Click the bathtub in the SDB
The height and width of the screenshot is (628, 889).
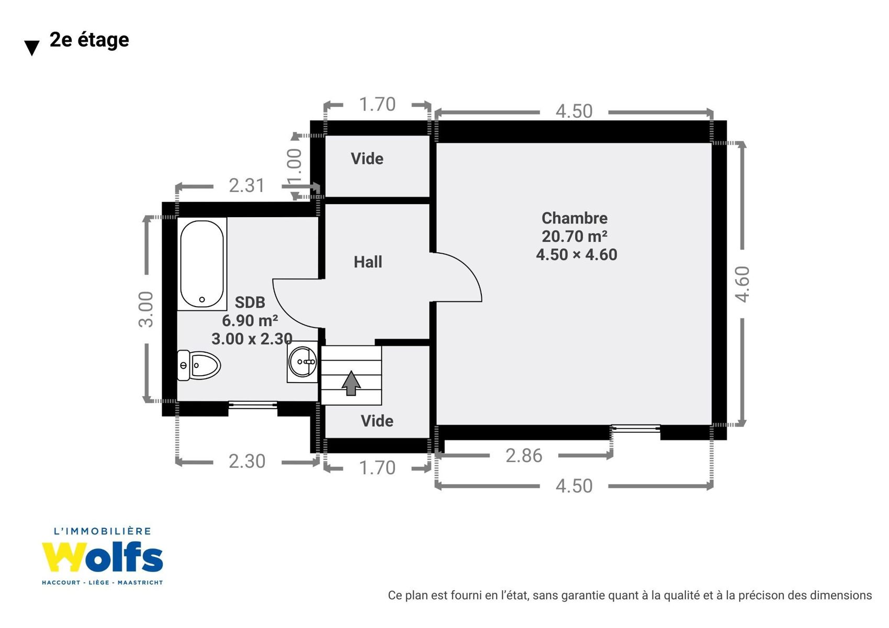[x=202, y=264]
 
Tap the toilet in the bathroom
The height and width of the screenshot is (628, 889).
[x=199, y=365]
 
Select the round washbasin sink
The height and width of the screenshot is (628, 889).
[x=303, y=362]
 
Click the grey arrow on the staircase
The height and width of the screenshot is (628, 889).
[x=351, y=383]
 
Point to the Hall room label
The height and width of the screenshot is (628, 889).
[x=368, y=262]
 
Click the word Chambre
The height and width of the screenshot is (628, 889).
[x=575, y=218]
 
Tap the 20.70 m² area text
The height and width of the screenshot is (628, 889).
[x=575, y=236]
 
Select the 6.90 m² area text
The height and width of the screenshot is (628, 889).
[x=250, y=320]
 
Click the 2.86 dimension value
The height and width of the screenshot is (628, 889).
[x=523, y=456]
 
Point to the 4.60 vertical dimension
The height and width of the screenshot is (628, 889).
[x=742, y=284]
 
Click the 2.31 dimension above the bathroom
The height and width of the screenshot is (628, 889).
[x=246, y=186]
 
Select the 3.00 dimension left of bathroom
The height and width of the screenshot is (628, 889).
[x=145, y=309]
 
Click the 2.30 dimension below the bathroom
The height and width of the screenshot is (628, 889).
[x=246, y=461]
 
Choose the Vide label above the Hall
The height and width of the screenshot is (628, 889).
[x=367, y=159]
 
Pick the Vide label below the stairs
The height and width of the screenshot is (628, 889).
[x=377, y=421]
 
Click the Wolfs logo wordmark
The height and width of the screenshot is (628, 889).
[x=103, y=557]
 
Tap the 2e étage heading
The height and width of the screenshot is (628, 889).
[x=89, y=40]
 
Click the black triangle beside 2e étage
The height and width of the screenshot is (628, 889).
[x=32, y=48]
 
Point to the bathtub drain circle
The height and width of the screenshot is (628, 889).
[x=202, y=300]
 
